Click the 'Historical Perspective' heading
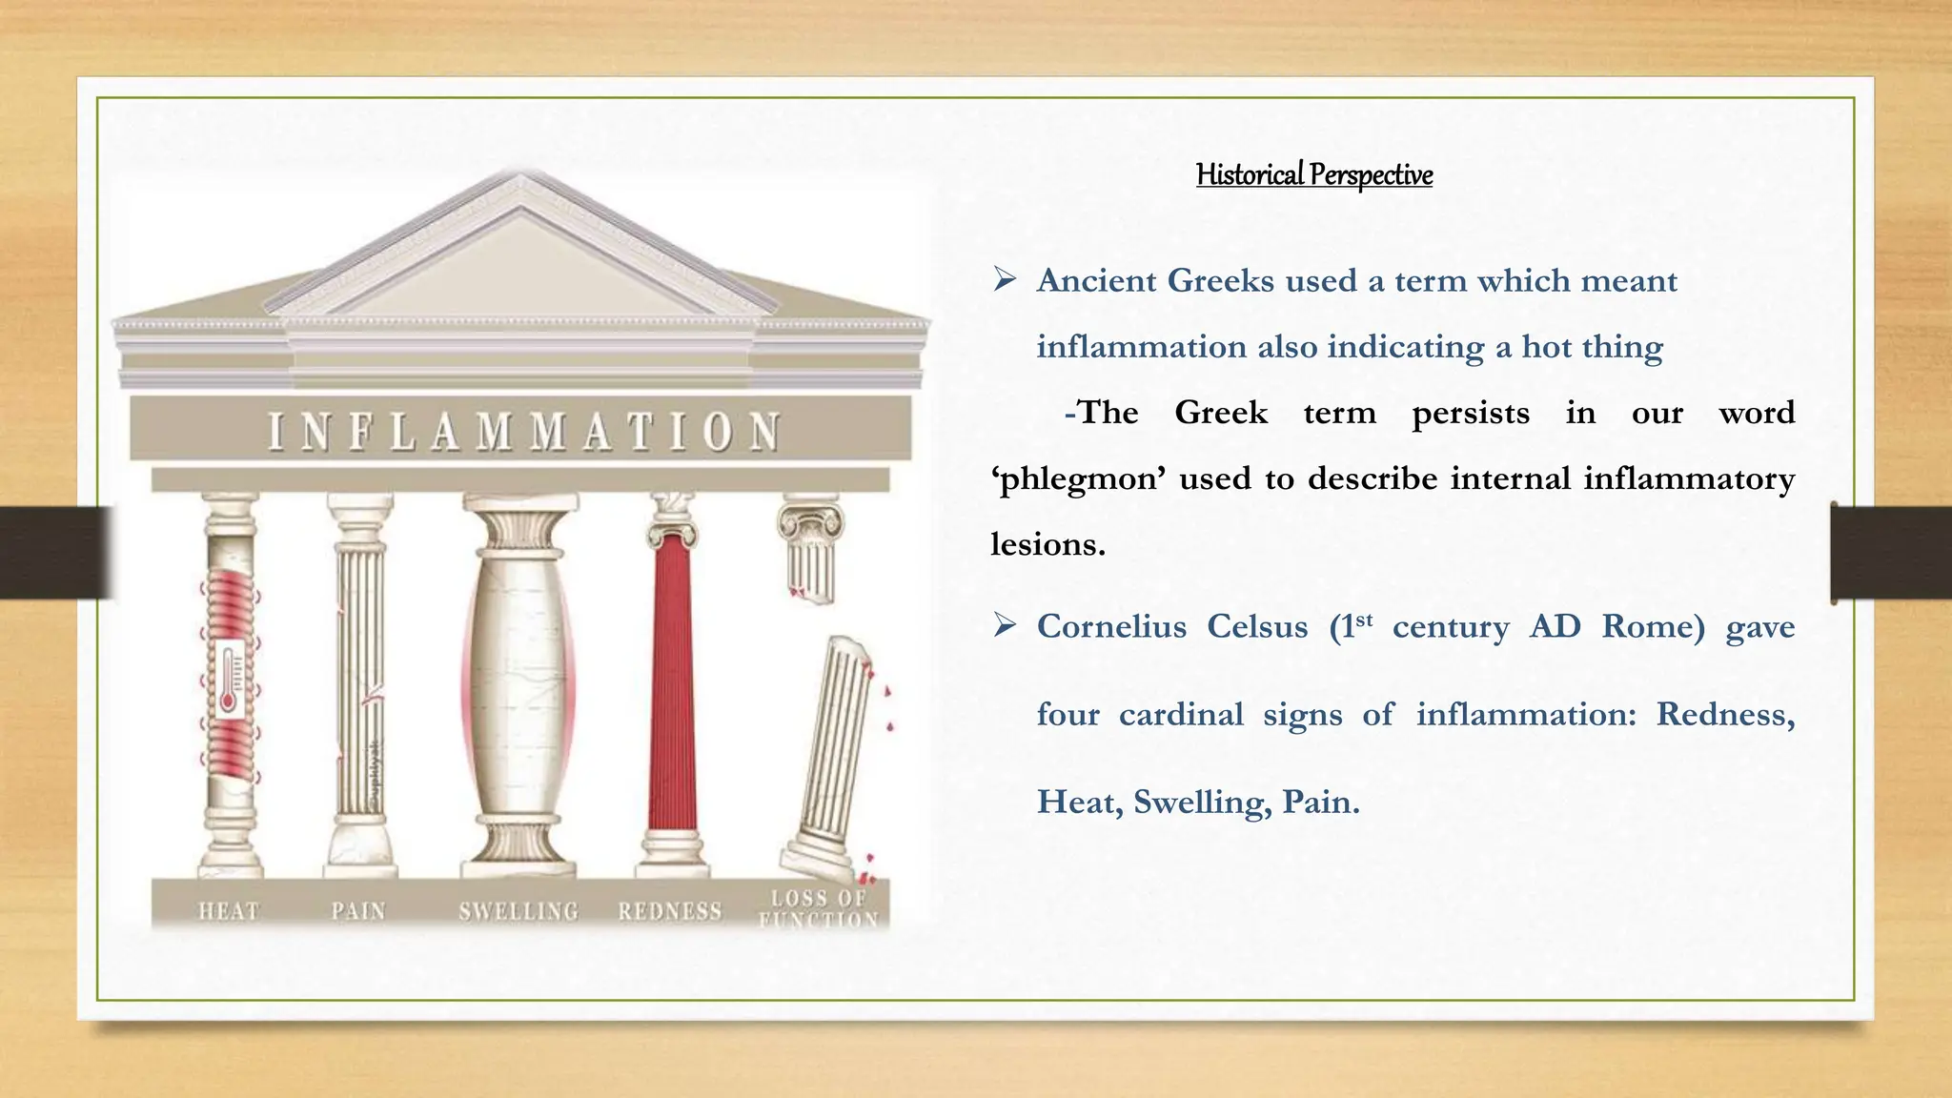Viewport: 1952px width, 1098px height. click(1313, 175)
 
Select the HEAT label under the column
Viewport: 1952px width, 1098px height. click(229, 911)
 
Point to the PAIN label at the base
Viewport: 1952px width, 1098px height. click(358, 911)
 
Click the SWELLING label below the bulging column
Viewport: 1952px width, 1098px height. click(518, 911)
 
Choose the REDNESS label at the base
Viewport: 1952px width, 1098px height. click(670, 911)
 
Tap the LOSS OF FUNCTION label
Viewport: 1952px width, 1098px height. click(819, 908)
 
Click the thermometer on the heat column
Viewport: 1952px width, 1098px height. click(229, 679)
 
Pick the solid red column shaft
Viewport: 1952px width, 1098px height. click(672, 681)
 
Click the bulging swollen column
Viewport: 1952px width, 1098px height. click(519, 681)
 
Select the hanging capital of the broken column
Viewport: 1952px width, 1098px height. click(810, 548)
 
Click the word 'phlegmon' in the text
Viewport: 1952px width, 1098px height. click(1078, 478)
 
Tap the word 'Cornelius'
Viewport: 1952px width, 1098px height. click(1110, 627)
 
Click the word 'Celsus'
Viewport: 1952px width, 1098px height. click(1257, 627)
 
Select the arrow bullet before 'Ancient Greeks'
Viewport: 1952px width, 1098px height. click(1005, 280)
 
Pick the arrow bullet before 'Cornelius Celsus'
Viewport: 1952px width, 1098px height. click(1005, 626)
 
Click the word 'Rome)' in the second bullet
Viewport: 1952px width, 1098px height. click(1653, 627)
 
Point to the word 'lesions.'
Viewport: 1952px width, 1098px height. click(1047, 544)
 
